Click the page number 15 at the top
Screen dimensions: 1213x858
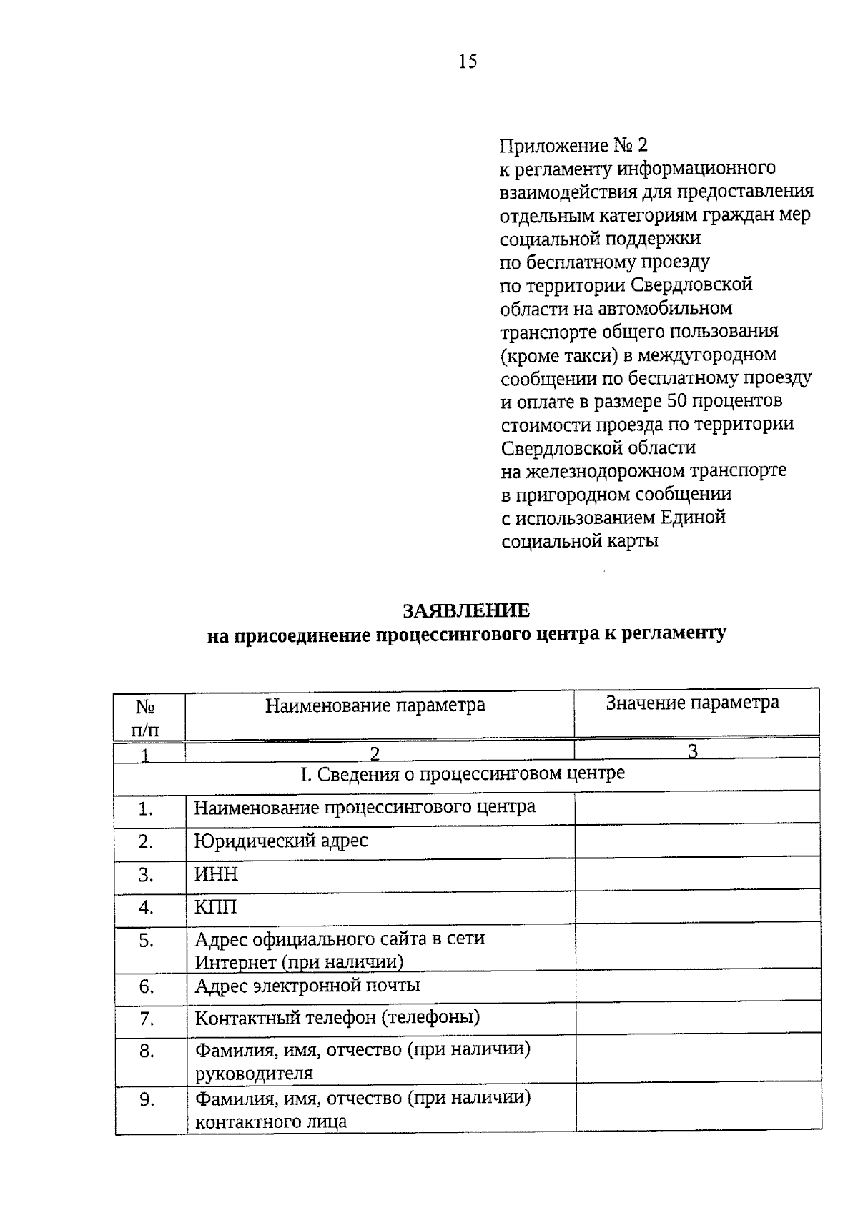tap(467, 61)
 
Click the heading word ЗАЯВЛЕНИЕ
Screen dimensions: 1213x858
tap(466, 610)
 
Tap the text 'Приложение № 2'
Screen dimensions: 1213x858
tap(573, 146)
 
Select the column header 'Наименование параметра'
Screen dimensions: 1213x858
tap(375, 705)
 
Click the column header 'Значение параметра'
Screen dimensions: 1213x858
tap(692, 703)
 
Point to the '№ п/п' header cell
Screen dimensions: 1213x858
tap(146, 718)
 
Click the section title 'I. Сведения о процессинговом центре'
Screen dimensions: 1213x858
tap(461, 773)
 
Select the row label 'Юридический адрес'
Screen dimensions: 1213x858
tap(281, 841)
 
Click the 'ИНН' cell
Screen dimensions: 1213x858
tap(217, 874)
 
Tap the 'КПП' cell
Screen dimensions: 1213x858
tap(215, 907)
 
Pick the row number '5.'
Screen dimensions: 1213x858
tap(147, 941)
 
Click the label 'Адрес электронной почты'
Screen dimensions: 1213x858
tap(307, 986)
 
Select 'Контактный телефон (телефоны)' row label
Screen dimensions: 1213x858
tap(337, 1017)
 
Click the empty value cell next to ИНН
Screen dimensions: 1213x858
tap(696, 873)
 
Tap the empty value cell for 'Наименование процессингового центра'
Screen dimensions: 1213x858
tap(696, 808)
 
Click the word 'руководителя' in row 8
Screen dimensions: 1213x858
tap(254, 1073)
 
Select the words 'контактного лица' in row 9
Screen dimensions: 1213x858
tap(271, 1122)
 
